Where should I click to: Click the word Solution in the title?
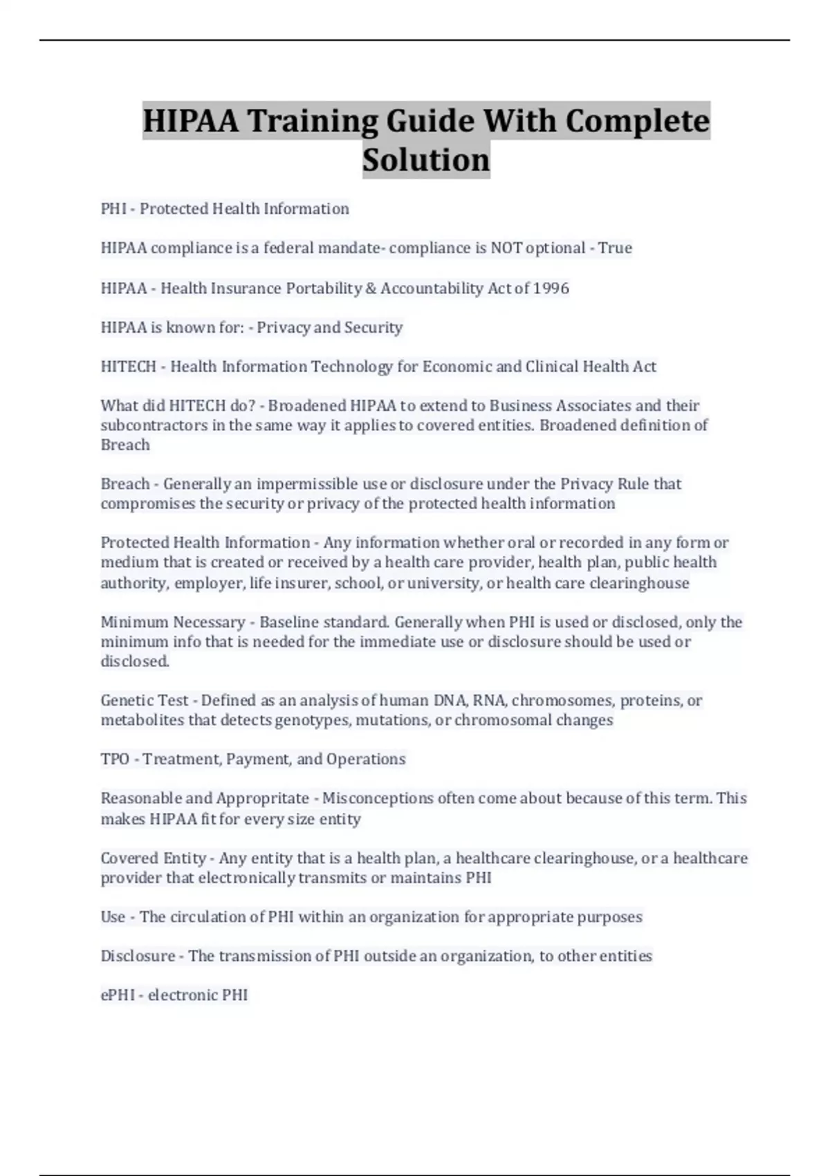click(426, 160)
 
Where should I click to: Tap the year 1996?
click(551, 288)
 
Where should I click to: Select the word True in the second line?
click(615, 248)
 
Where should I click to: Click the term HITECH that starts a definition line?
click(128, 366)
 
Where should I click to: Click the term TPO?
click(115, 759)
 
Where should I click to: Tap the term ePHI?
click(118, 995)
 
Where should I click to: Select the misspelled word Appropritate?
click(263, 798)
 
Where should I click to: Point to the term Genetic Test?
click(145, 700)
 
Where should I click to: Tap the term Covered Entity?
click(153, 858)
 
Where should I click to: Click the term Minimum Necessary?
click(173, 622)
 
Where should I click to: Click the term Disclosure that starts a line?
click(138, 955)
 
